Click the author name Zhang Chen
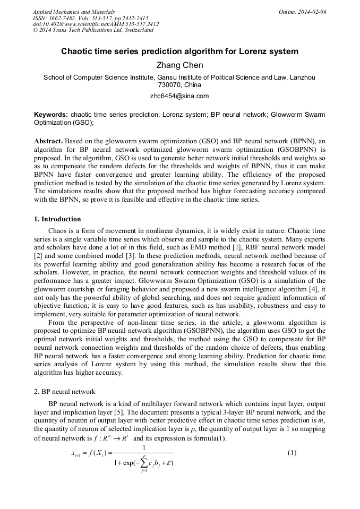point(179,65)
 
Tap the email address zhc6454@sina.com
point(179,96)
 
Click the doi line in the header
point(96,24)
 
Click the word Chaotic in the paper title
point(78,52)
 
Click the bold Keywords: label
point(51,114)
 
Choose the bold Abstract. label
point(49,141)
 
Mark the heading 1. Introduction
point(57,219)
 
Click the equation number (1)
point(292,453)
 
